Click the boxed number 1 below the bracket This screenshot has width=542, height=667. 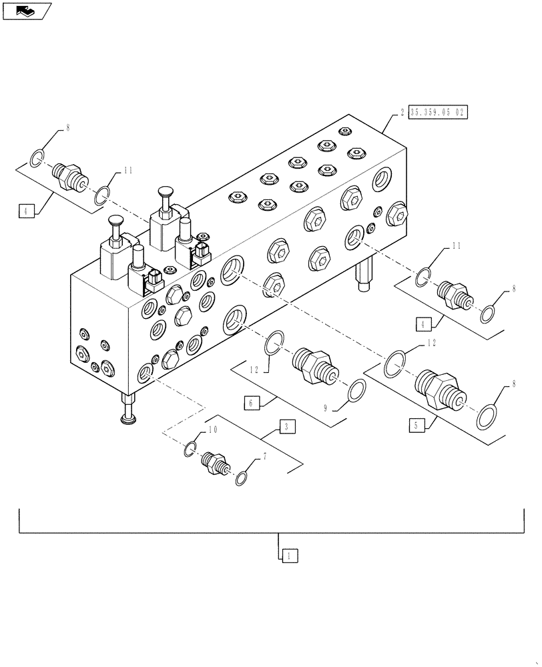point(289,554)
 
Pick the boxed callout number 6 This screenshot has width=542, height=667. point(251,403)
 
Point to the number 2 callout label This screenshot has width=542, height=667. point(402,113)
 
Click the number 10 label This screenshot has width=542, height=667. point(213,430)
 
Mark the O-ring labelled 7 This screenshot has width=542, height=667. point(242,478)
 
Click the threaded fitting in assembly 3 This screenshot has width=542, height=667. point(216,463)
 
